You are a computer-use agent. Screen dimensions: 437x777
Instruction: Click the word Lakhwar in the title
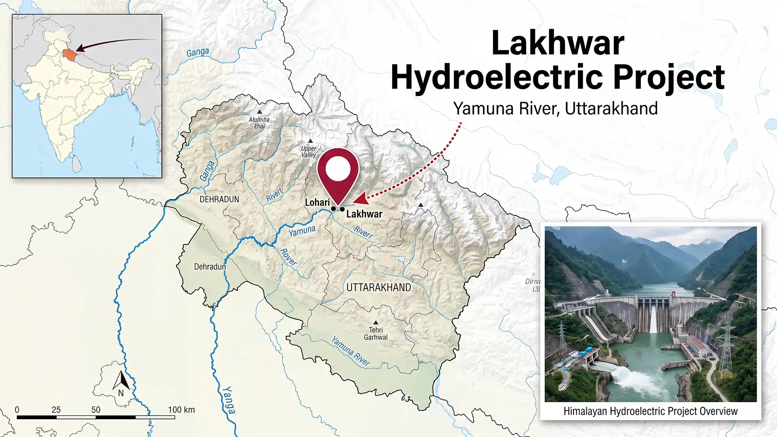(x=558, y=44)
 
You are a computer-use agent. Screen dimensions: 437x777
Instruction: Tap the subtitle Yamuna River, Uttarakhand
(x=555, y=108)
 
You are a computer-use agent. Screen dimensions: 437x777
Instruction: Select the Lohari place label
(x=317, y=202)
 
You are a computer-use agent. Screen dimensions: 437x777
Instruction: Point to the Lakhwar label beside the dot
(x=364, y=214)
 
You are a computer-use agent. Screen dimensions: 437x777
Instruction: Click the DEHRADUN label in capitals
(x=219, y=199)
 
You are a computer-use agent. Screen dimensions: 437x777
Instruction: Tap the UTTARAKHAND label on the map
(x=378, y=288)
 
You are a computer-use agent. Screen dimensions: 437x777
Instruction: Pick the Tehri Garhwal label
(x=376, y=333)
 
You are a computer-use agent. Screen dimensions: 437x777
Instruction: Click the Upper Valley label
(x=308, y=151)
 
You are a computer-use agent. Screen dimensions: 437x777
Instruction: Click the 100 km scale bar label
(x=181, y=410)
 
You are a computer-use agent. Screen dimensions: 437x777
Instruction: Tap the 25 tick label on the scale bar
(x=56, y=410)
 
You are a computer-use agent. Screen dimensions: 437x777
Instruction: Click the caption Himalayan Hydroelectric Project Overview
(x=650, y=412)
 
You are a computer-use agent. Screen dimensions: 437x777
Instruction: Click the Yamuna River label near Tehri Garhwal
(x=350, y=351)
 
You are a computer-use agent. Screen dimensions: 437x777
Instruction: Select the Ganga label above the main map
(x=197, y=53)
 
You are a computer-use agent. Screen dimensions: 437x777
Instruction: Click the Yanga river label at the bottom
(x=228, y=400)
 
